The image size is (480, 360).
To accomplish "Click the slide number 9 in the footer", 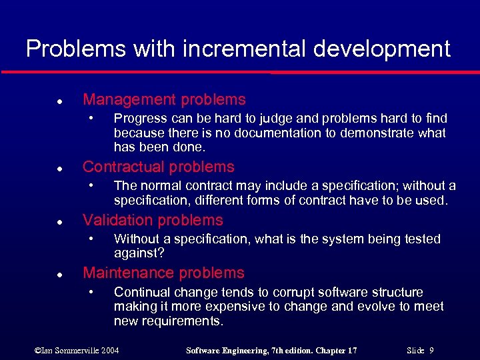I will click(x=432, y=350).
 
